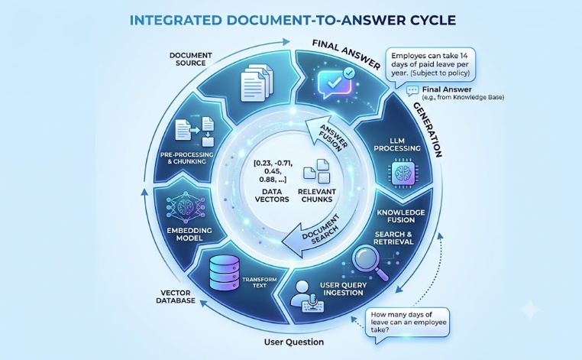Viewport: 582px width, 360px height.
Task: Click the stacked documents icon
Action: pos(256,83)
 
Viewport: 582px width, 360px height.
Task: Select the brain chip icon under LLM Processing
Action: pos(399,173)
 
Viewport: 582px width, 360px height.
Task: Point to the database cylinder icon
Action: pos(224,273)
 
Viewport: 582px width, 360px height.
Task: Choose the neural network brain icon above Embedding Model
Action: pos(186,209)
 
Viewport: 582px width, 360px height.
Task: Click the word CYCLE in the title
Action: pos(432,20)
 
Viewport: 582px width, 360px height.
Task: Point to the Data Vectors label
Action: pos(273,196)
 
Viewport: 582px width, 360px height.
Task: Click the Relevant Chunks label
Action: pos(317,196)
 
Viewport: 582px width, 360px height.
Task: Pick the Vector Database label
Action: pos(176,297)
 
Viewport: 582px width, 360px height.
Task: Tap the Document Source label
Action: pos(191,59)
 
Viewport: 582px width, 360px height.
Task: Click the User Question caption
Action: pos(293,342)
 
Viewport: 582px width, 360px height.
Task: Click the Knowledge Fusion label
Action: pos(401,216)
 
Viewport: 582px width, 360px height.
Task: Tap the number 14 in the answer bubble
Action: pos(464,56)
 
